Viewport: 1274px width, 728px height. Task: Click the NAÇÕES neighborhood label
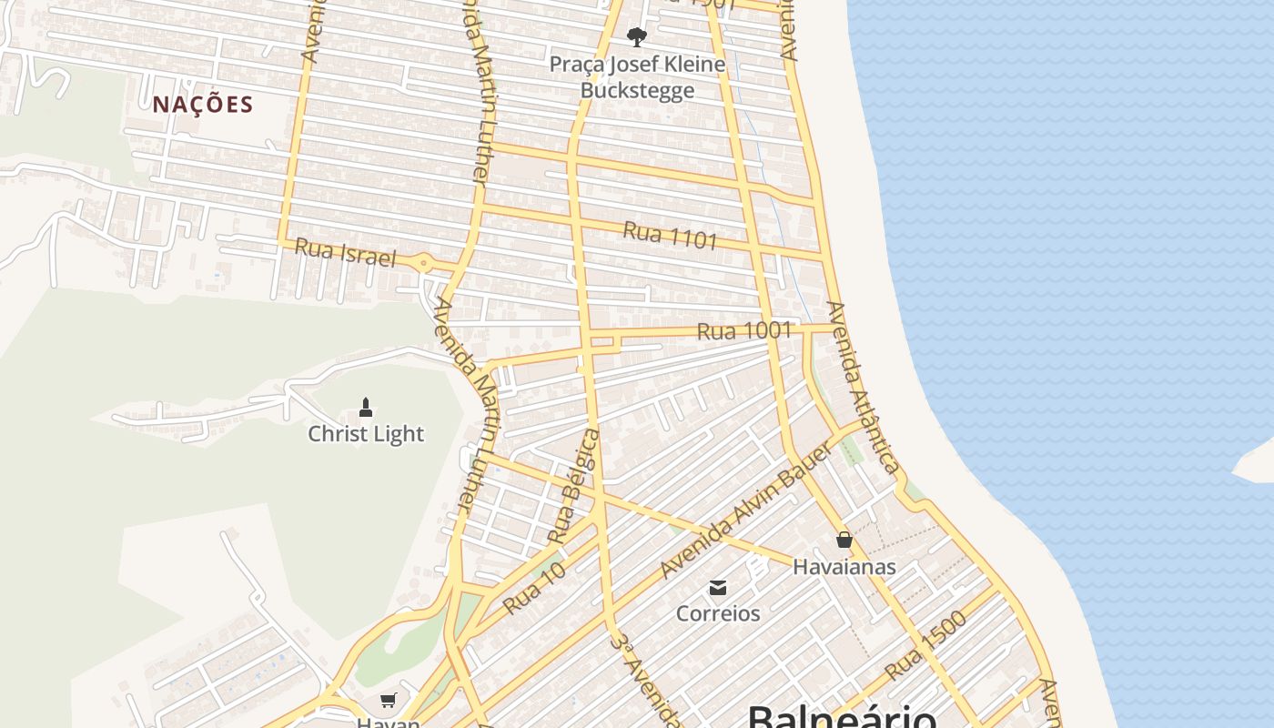click(x=202, y=105)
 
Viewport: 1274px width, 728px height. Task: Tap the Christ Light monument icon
click(x=366, y=407)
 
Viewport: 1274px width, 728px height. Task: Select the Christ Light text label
click(x=366, y=434)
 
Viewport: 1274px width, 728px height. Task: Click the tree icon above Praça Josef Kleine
click(x=637, y=36)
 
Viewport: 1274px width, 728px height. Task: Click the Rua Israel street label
click(x=346, y=253)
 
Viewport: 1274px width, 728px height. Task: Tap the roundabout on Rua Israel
click(x=423, y=264)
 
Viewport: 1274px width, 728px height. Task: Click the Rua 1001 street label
click(x=744, y=330)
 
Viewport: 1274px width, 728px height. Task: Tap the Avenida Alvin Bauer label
click(x=746, y=511)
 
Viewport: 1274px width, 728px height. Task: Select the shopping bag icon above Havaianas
click(x=844, y=540)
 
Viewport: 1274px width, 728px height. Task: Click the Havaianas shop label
click(x=844, y=567)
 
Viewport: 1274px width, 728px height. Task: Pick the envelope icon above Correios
click(x=718, y=587)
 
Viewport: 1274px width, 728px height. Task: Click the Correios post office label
click(x=718, y=613)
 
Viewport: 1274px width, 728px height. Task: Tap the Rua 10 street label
click(x=535, y=587)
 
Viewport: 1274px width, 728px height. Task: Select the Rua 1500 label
click(x=925, y=645)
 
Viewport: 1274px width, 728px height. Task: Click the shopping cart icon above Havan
click(x=389, y=700)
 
